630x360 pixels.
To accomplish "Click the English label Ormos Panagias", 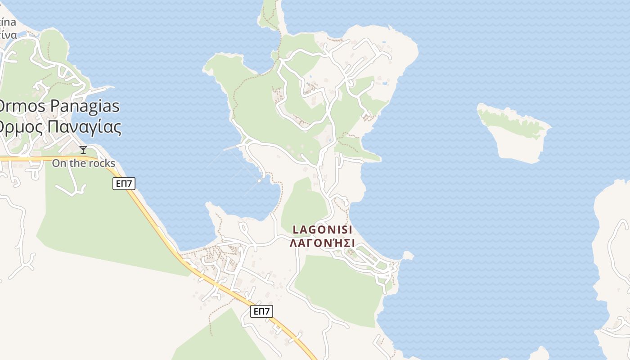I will pos(58,106).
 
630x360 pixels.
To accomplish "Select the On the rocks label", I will pos(83,163).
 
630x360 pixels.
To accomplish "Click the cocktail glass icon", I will pos(83,150).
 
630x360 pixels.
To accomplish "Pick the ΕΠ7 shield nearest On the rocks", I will pos(124,183).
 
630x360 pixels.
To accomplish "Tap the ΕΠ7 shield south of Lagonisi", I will pos(261,311).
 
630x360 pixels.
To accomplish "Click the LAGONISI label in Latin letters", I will pos(322,229).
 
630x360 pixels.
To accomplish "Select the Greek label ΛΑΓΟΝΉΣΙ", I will pos(322,243).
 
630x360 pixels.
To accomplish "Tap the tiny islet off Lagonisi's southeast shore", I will pos(408,256).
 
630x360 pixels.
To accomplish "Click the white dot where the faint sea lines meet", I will pos(259,181).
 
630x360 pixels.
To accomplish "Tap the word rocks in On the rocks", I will pos(102,163).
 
